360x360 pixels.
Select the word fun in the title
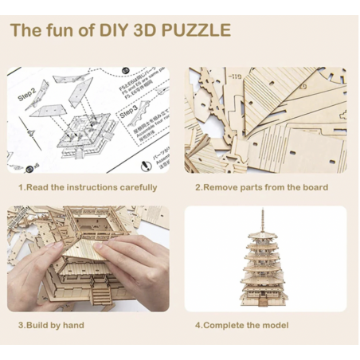pyautogui.click(x=61, y=31)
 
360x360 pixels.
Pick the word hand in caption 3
pyautogui.click(x=72, y=325)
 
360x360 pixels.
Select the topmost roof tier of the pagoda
pyautogui.click(x=265, y=240)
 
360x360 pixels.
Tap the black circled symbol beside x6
pyautogui.click(x=27, y=167)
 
